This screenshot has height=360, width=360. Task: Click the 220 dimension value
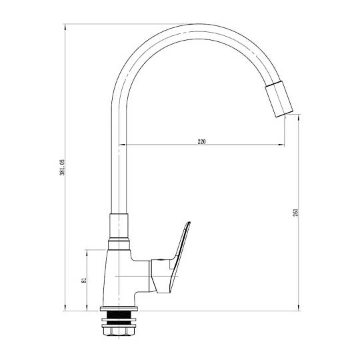201,141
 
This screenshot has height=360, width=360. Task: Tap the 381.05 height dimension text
63,167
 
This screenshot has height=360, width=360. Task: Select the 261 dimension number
296,213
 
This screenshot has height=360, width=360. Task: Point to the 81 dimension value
84,280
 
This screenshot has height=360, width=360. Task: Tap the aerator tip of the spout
279,99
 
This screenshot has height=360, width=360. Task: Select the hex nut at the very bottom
119,331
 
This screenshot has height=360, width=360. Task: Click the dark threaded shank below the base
119,318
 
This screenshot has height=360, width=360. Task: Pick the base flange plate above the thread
119,309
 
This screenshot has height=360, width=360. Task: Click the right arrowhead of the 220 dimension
282,145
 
